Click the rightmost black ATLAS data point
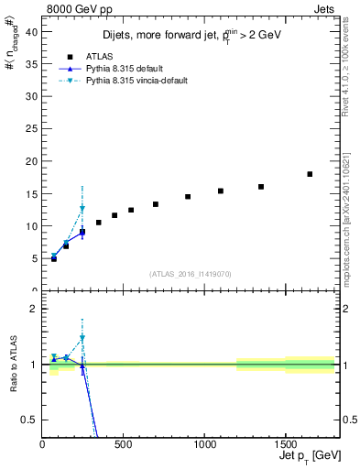[310, 174]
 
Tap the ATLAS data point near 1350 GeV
[261, 187]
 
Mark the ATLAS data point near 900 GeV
[188, 197]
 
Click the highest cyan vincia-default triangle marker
[82, 209]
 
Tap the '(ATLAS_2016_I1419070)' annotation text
[191, 273]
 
